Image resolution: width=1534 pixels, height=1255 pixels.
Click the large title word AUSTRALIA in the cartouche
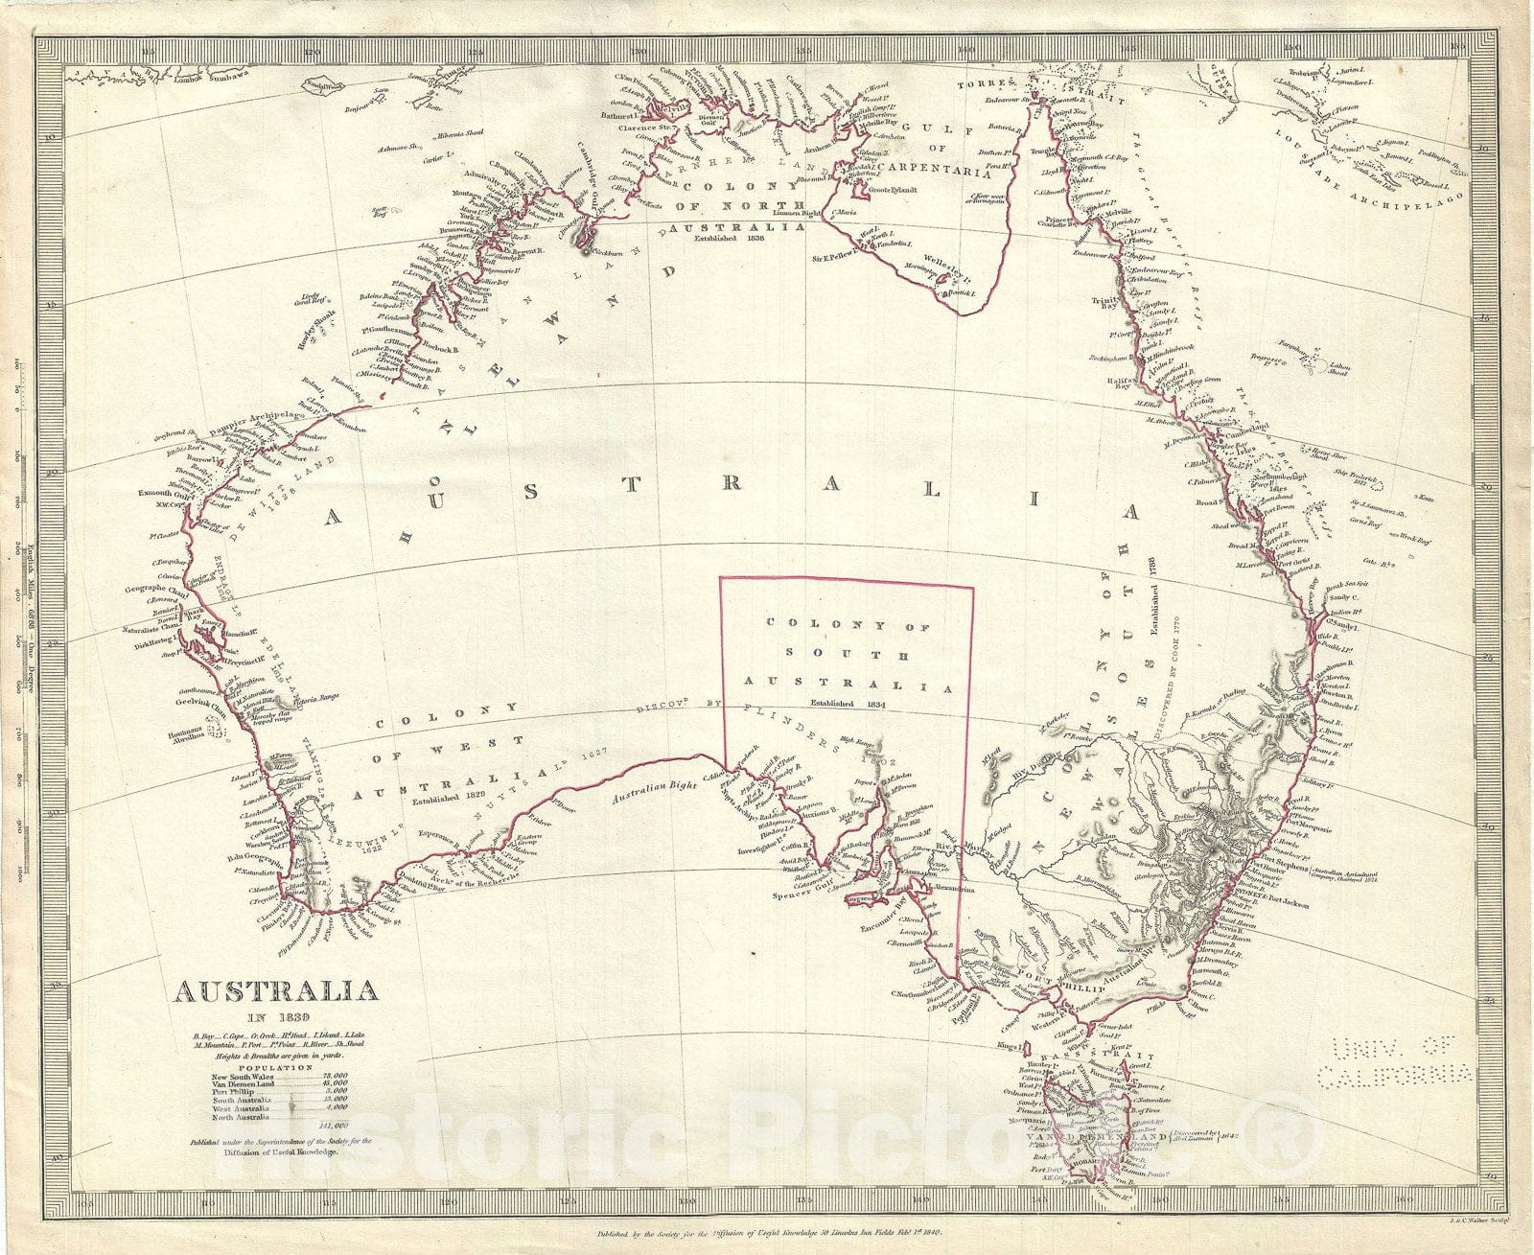click(x=274, y=991)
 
